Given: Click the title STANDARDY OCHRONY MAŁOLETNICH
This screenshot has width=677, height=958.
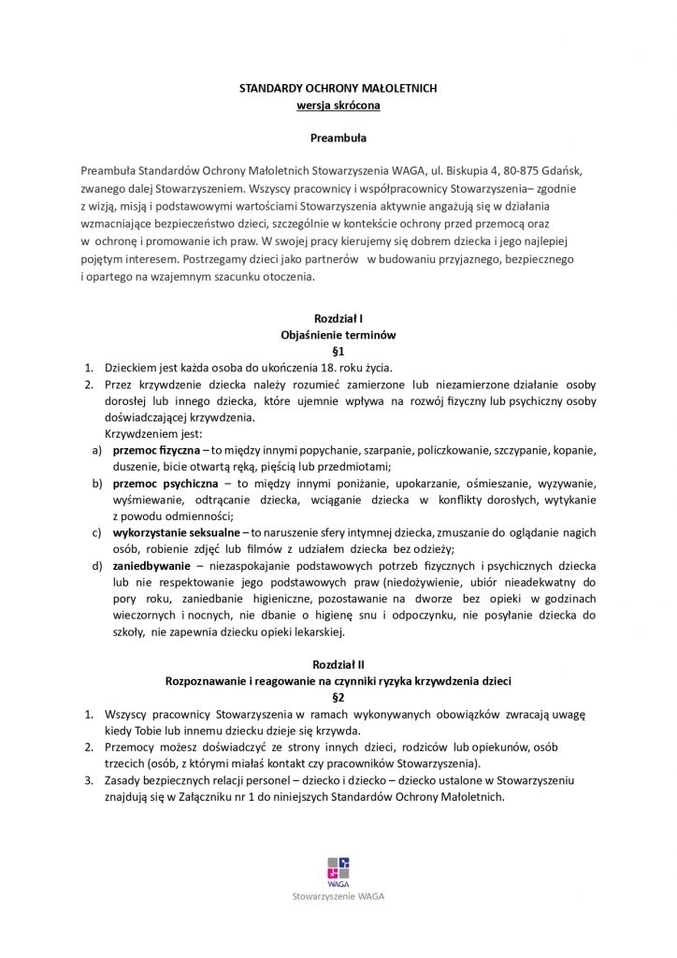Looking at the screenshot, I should tap(338, 88).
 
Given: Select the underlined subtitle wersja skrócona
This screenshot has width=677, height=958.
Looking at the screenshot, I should tap(338, 106).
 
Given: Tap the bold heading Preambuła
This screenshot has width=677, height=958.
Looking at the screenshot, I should tap(338, 138).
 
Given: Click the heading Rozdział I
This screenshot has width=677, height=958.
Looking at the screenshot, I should tap(338, 318).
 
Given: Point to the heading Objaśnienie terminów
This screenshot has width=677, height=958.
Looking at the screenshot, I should tap(338, 335).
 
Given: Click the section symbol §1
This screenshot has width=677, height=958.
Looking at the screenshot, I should tap(338, 351).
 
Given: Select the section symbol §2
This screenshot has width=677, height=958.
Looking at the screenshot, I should tap(338, 697).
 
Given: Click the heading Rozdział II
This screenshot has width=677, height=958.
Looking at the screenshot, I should tap(338, 663).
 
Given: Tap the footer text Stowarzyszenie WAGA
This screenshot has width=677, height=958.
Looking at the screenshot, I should tap(338, 895).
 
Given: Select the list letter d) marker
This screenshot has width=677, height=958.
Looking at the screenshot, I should tap(96, 566).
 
